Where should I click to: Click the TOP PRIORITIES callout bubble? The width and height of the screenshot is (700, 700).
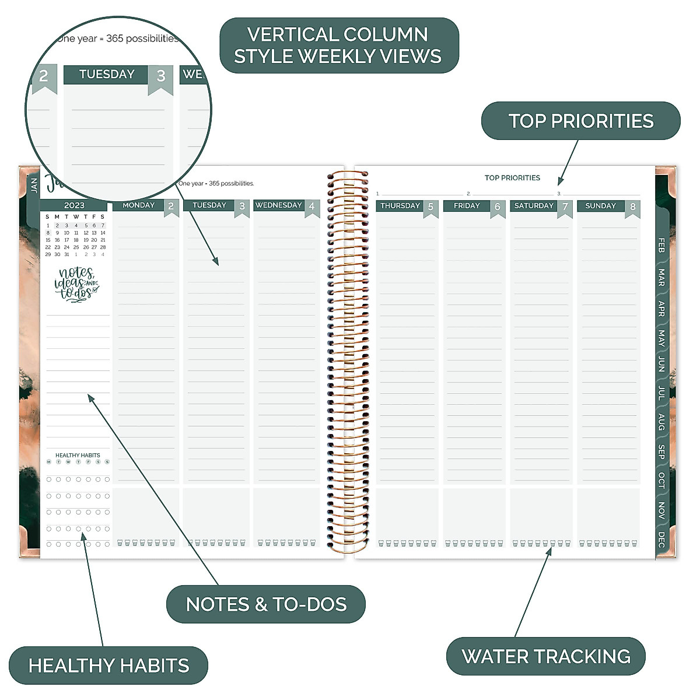point(580,121)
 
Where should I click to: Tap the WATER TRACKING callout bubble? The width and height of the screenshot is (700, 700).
point(545,656)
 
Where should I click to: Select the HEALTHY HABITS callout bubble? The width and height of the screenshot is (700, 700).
point(108,665)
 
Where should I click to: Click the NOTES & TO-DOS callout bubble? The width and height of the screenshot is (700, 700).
point(266,604)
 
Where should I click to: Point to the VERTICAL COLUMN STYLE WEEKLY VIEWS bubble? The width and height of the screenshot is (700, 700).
point(338,45)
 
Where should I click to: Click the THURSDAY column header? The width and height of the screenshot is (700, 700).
point(400,206)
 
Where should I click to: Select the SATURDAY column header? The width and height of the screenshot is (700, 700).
point(533,206)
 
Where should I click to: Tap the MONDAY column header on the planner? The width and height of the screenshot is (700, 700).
point(138,205)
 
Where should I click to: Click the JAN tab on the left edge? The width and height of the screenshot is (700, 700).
point(34,185)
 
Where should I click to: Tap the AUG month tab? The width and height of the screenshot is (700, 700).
point(661,422)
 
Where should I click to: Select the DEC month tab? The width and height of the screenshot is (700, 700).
point(661,540)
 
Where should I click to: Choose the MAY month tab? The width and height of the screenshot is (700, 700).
point(661,338)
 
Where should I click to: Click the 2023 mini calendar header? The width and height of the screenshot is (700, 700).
point(74,205)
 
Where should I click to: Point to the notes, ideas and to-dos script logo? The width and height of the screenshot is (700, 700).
point(76,284)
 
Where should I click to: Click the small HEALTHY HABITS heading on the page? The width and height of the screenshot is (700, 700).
point(78,455)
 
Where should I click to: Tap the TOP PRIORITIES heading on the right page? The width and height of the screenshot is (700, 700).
point(512,178)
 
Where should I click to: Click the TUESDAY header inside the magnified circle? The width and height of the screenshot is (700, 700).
point(107,74)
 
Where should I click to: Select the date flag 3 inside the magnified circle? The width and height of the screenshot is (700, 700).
point(161,76)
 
